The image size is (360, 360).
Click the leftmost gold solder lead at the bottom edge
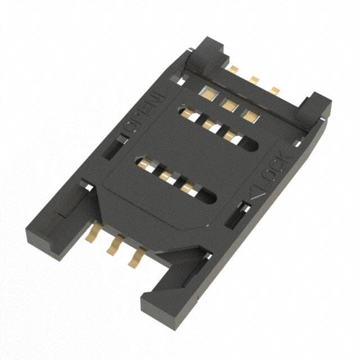[x=92, y=232]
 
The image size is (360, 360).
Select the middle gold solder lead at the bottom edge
[x=114, y=245]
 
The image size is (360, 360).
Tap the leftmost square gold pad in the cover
[x=209, y=93]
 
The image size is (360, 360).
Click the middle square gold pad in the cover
[x=230, y=105]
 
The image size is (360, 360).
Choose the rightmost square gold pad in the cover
[x=251, y=116]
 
